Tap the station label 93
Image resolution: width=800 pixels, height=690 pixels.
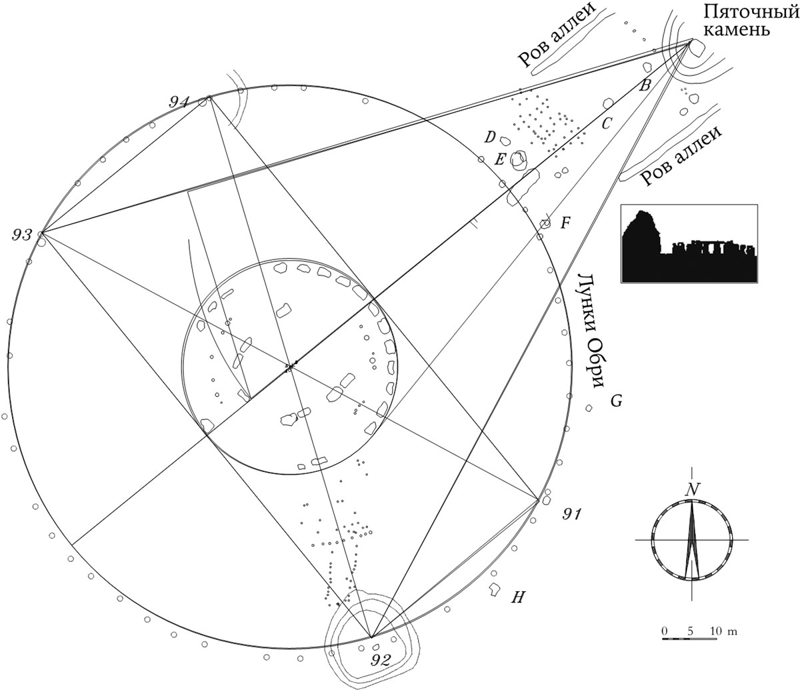coord(22,235)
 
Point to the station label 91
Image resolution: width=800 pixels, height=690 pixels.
coord(571,514)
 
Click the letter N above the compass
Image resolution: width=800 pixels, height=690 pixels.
coord(691,489)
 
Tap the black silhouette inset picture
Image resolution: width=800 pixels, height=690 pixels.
coord(689,243)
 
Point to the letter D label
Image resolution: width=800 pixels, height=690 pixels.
coord(491,137)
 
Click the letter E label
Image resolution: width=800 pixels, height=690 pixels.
coord(500,159)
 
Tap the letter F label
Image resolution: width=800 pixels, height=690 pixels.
coord(565,223)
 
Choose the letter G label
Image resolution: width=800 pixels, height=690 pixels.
coord(616,401)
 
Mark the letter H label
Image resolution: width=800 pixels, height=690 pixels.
coord(518,598)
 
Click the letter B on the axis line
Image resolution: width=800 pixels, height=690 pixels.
coord(644,85)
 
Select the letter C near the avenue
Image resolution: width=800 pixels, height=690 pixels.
coord(606,123)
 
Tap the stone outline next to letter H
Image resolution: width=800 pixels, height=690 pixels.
coord(493,589)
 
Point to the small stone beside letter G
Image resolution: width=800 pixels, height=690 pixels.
coord(589,408)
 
